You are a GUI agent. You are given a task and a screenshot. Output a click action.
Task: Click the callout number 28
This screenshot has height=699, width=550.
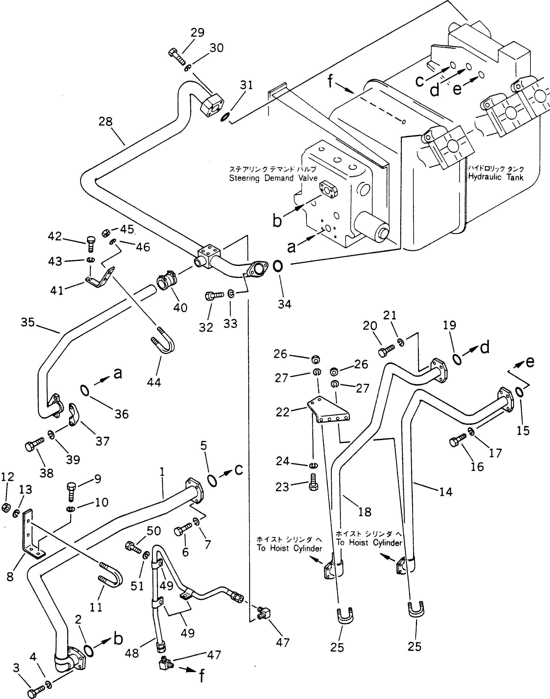click(x=106, y=122)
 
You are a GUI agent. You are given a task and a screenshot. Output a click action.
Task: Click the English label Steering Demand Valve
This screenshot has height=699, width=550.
click(x=273, y=178)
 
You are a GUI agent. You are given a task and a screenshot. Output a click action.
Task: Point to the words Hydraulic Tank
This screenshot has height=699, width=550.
click(x=496, y=177)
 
